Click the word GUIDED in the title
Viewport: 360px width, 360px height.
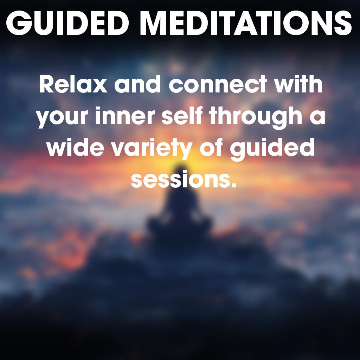pos(67,23)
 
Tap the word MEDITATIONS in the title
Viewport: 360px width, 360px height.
pos(246,23)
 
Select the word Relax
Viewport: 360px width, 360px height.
pos(73,84)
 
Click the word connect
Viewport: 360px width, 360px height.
pos(218,84)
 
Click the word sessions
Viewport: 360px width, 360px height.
pos(181,180)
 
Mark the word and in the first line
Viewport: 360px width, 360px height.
pos(138,84)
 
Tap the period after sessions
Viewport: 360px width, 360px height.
pos(234,185)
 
